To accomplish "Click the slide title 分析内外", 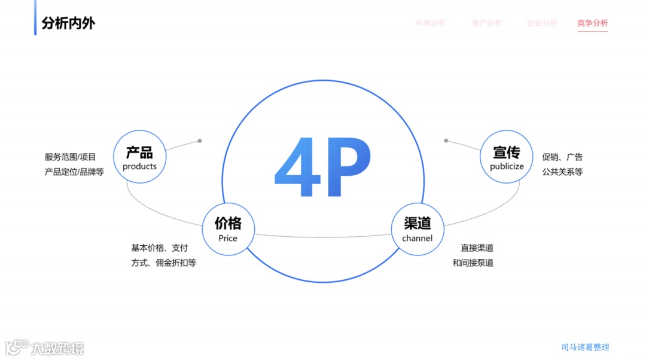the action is [68, 23].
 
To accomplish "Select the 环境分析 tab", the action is [431, 23].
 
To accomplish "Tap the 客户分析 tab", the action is [487, 23].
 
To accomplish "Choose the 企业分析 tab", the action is [542, 23].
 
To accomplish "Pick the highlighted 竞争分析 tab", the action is [592, 23].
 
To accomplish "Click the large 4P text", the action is [322, 168].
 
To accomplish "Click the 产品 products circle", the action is [139, 157].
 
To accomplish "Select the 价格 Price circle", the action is [228, 229].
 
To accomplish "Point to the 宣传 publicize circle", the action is [506, 157].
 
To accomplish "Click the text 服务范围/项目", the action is [70, 157].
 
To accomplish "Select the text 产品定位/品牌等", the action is [74, 172].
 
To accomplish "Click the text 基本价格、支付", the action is [160, 248].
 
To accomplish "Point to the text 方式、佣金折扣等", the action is [164, 263].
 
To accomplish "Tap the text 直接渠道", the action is [477, 248].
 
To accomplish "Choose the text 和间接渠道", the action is [473, 263].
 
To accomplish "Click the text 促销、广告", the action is [562, 157].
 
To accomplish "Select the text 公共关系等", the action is [562, 172].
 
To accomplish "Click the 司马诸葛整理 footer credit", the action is [585, 347].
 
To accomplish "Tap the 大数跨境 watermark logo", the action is [45, 347].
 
